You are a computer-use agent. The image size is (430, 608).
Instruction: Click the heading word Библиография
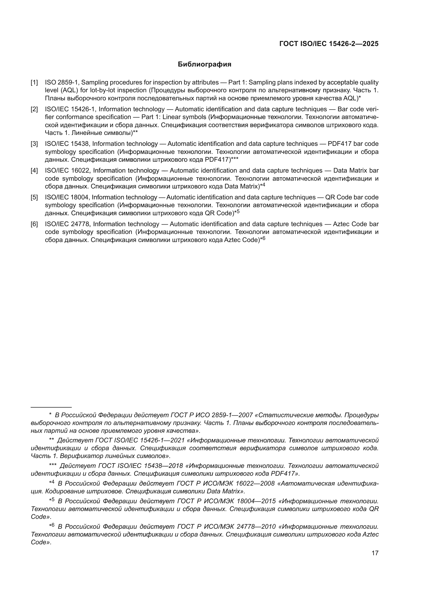click(204, 64)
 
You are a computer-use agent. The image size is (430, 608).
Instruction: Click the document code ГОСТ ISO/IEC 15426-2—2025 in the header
click(329, 44)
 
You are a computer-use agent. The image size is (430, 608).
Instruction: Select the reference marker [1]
click(34, 83)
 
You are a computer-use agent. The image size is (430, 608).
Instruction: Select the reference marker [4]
click(34, 171)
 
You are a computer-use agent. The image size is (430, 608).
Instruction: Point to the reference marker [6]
click(34, 224)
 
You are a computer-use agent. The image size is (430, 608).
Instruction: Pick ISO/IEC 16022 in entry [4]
click(68, 171)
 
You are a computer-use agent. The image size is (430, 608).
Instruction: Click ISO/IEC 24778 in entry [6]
click(68, 224)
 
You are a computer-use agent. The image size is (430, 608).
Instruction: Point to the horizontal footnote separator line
click(51, 407)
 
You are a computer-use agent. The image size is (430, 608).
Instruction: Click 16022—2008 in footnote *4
click(255, 483)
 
